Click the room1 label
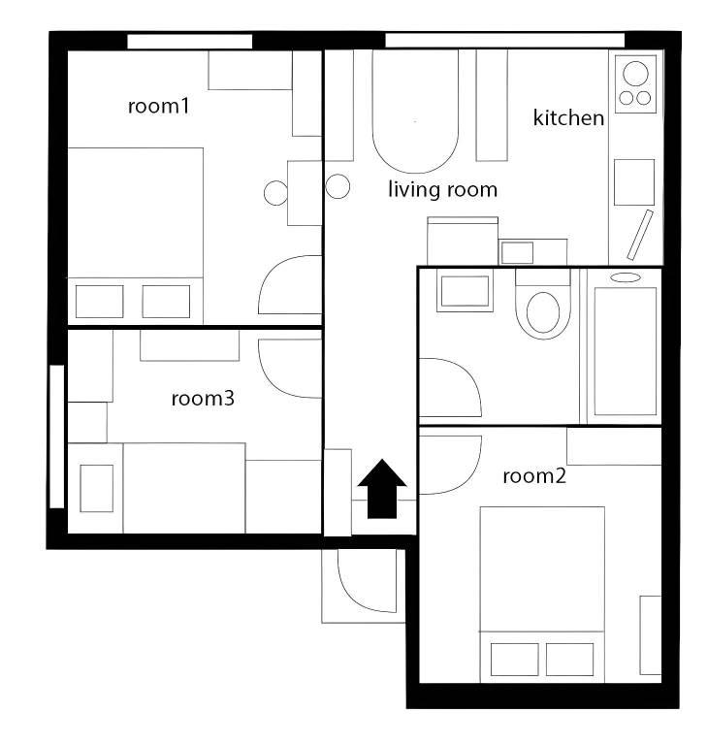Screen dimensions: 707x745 point(158,106)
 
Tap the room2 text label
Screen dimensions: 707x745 point(534,475)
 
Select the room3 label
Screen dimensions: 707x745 point(203,398)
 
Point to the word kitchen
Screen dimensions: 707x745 point(568,117)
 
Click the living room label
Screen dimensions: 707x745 point(443,189)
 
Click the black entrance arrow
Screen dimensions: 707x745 point(382,489)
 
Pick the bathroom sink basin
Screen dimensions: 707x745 point(465,291)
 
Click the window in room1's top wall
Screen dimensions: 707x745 point(189,42)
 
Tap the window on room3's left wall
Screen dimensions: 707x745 point(57,437)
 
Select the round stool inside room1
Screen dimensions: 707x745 point(275,193)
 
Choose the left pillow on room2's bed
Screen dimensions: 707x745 point(514,660)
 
